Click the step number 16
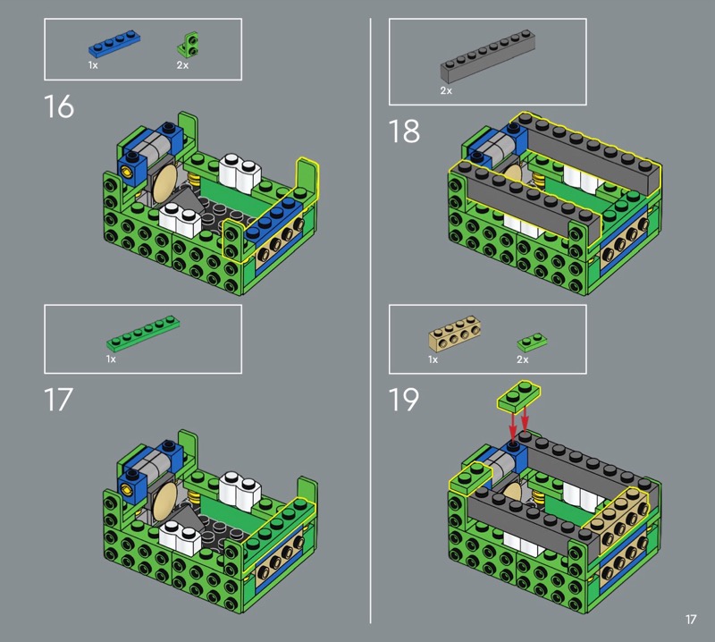click(59, 106)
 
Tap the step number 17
click(58, 400)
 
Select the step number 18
click(404, 131)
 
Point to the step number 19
click(404, 400)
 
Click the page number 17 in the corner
click(691, 619)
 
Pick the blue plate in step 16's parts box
click(114, 43)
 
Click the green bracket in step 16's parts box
click(189, 44)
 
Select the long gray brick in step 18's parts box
click(487, 56)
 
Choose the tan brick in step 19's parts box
click(454, 334)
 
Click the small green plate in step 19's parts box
click(532, 342)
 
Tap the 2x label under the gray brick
click(446, 91)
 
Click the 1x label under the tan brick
click(433, 359)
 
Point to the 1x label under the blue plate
click(93, 65)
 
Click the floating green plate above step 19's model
click(519, 395)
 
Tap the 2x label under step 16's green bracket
click(182, 65)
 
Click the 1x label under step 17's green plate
click(111, 359)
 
